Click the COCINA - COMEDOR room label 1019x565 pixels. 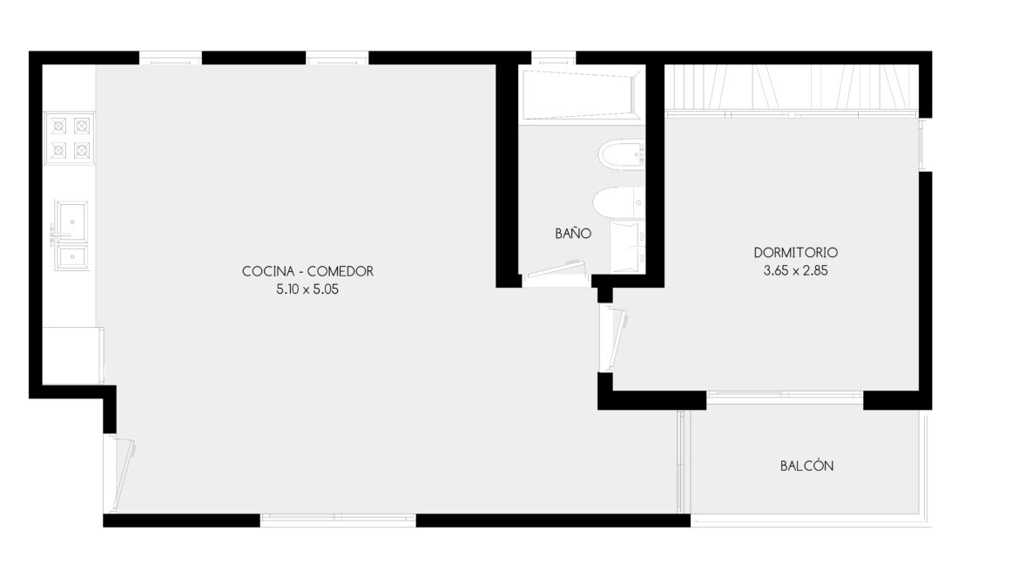[307, 271]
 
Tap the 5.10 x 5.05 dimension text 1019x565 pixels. [307, 289]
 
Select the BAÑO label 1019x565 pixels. [573, 233]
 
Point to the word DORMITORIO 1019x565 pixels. [795, 253]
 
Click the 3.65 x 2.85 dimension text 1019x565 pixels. [795, 271]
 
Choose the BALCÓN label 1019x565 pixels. [806, 466]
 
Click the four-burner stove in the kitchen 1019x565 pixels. [70, 138]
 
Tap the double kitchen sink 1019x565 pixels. [71, 235]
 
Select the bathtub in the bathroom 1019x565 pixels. [583, 94]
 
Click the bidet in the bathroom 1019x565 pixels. [622, 154]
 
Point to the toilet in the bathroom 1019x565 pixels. [618, 202]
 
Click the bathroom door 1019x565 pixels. [556, 269]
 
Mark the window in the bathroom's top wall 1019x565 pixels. [554, 58]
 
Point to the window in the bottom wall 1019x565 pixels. [338, 520]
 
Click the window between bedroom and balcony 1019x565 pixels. [785, 395]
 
